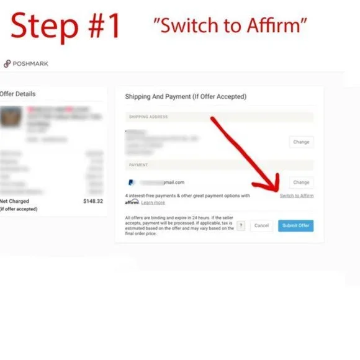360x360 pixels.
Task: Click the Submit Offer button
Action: coord(295,225)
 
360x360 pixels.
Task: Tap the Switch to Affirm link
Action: coord(296,196)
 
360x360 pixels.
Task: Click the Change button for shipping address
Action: coord(301,142)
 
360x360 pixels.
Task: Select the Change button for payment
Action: coord(301,182)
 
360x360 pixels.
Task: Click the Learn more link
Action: coord(153,202)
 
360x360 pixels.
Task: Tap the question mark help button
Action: coord(241,225)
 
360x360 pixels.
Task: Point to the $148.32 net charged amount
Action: coord(93,201)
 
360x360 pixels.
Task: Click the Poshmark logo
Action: coord(26,63)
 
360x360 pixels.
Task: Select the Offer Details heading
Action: coord(18,94)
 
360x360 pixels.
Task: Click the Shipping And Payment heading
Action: coord(186,97)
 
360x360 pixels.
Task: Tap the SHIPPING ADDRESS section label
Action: coord(148,117)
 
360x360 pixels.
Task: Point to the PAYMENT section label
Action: coord(138,165)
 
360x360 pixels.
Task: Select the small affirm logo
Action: coord(132,202)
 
